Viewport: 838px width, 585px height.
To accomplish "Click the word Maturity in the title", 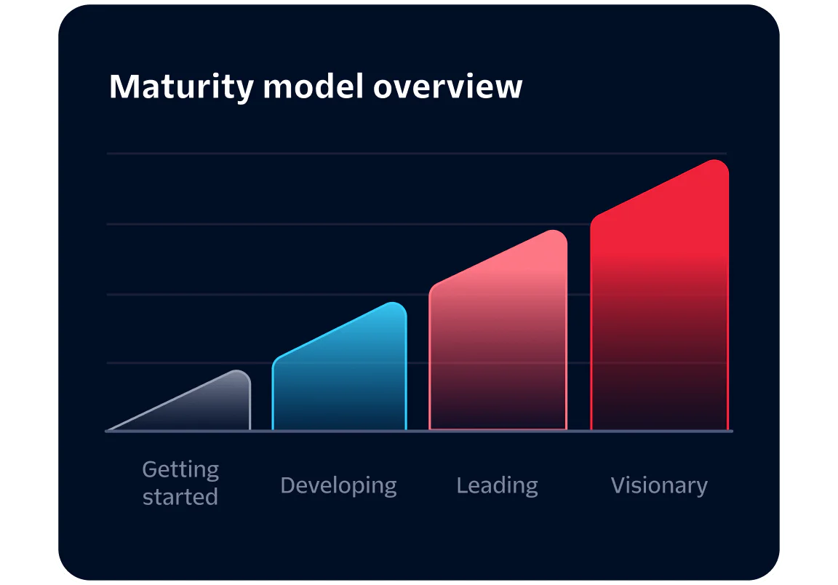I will [181, 87].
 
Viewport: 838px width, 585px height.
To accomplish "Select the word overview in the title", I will [447, 87].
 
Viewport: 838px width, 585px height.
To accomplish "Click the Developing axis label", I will [338, 485].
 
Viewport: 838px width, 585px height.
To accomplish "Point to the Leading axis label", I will [497, 485].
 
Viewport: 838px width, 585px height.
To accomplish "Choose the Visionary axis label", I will [659, 485].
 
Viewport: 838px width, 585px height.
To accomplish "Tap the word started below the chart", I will [180, 498].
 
